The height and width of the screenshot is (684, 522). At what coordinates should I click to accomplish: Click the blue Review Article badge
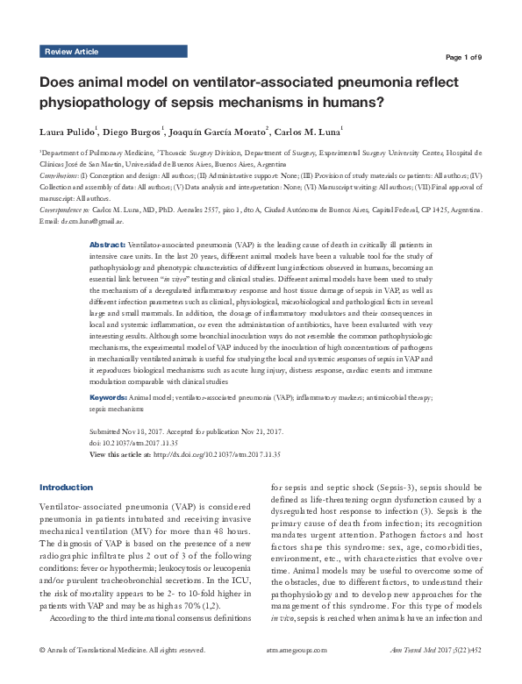tap(72, 53)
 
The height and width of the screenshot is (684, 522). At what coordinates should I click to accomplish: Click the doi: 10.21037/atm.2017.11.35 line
tap(141, 444)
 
